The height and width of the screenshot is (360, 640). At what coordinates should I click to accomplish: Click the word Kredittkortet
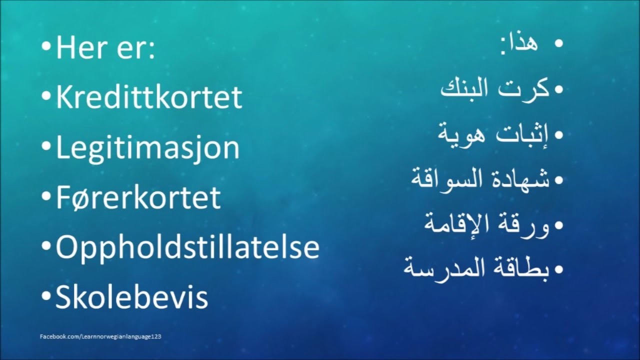coord(149,97)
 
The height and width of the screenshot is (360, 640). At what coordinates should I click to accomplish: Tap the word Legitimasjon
coord(147,148)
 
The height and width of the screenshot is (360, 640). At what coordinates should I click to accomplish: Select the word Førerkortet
coord(138,197)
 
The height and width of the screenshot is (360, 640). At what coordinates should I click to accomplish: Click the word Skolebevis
coord(131,296)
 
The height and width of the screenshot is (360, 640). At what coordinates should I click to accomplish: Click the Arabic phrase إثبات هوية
coord(493,134)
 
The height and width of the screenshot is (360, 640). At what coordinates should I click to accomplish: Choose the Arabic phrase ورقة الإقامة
coord(486,225)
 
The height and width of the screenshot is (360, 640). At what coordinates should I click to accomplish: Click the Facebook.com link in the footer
coord(100,336)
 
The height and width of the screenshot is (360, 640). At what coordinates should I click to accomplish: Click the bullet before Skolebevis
coord(46,296)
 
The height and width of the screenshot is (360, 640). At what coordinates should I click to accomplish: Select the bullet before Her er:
coord(46,47)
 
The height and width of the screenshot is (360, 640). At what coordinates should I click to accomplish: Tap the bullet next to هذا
coord(558,43)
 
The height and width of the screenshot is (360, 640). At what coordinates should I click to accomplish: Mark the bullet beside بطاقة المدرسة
coord(558,269)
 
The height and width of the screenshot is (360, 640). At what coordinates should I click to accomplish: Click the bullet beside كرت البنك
coord(558,89)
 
